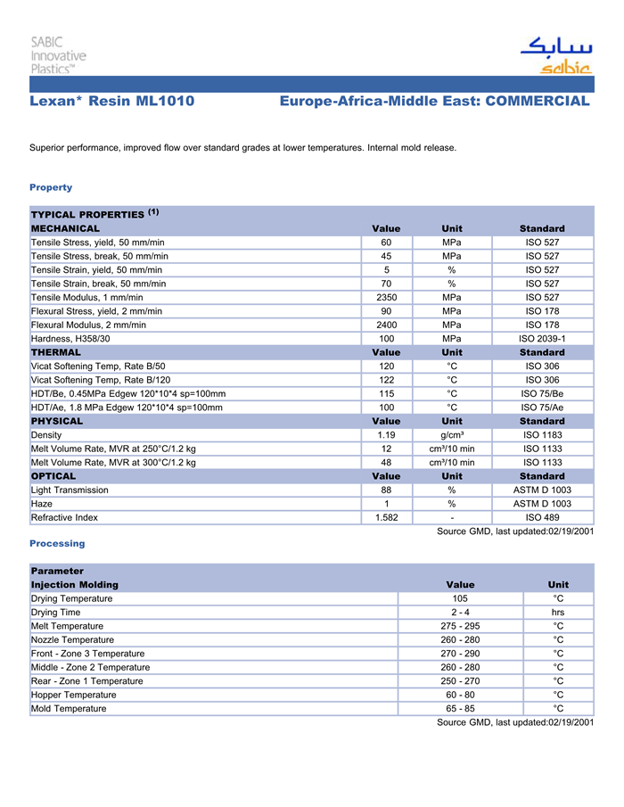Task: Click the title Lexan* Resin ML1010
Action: (111, 102)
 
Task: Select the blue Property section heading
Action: (51, 187)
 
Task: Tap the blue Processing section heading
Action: (57, 543)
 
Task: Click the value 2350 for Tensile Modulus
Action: (386, 298)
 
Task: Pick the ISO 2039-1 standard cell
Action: (542, 339)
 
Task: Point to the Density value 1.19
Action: (386, 435)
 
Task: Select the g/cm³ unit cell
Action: (452, 435)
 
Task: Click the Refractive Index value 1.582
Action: (386, 517)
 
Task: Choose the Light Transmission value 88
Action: (386, 490)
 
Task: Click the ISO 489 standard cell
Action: (542, 517)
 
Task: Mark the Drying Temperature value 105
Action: (460, 598)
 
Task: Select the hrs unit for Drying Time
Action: (558, 613)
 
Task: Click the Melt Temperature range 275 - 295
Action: (460, 626)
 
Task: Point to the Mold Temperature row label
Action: (69, 709)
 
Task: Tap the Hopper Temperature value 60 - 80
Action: (460, 695)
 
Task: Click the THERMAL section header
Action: (56, 352)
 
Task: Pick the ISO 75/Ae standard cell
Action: (542, 408)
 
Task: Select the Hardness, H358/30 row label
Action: (70, 339)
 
